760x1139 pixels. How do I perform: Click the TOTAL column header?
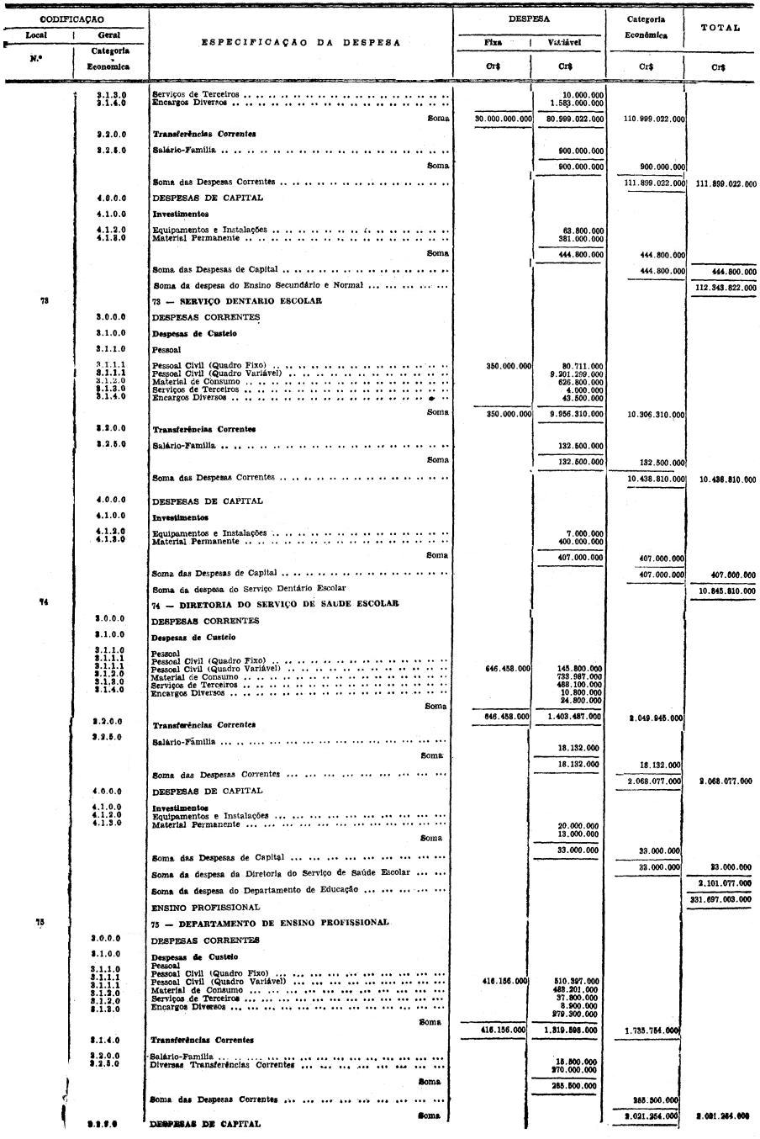pyautogui.click(x=720, y=28)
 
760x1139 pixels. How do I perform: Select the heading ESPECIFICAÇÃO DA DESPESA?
pyautogui.click(x=300, y=42)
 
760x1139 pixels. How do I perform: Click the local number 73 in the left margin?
pyautogui.click(x=43, y=301)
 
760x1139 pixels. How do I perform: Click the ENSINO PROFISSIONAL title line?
pyautogui.click(x=206, y=908)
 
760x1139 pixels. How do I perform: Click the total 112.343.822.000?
pyautogui.click(x=726, y=289)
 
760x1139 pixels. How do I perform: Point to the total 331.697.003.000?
pyautogui.click(x=726, y=899)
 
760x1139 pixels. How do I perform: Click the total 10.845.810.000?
pyautogui.click(x=726, y=591)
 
